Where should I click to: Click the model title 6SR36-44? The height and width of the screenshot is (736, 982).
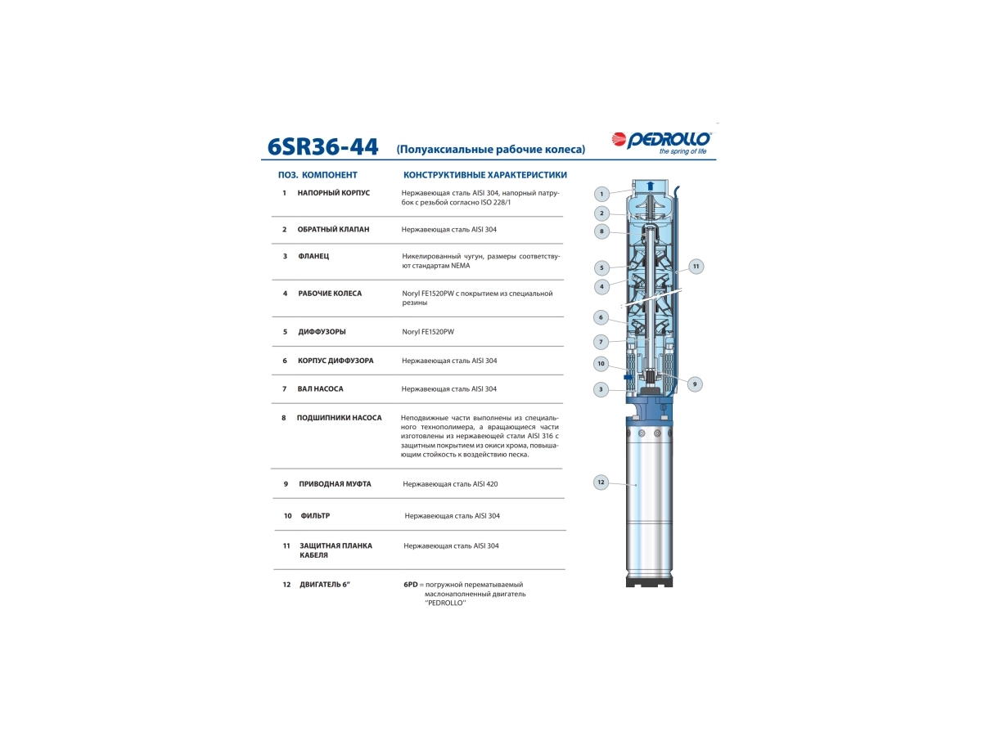point(322,146)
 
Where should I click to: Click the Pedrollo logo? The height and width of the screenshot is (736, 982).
point(661,143)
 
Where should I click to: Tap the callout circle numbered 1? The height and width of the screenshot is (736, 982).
point(601,194)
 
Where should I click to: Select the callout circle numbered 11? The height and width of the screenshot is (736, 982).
point(696,267)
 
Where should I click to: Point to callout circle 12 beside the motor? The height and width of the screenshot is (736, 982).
point(601,482)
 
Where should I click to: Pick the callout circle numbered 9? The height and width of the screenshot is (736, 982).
point(694,384)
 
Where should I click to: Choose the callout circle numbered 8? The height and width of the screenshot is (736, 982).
point(601,231)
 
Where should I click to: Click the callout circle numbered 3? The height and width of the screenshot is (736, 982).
point(601,389)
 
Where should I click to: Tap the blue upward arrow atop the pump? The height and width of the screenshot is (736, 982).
point(651,186)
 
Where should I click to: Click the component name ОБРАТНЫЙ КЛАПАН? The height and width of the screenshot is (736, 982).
point(333,229)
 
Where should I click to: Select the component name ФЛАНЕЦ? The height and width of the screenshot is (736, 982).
point(313,256)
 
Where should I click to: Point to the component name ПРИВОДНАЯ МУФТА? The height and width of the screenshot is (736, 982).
point(335,483)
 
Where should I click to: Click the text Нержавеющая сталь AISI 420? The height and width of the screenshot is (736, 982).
point(450,483)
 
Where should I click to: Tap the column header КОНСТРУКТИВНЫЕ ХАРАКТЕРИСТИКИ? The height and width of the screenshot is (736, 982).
point(485,175)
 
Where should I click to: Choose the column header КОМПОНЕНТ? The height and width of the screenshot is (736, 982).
point(330,175)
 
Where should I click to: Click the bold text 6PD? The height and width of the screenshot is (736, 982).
point(410,584)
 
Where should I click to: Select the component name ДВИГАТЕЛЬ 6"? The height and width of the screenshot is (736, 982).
point(325,584)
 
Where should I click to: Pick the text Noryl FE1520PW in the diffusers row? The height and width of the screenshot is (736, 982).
point(428,331)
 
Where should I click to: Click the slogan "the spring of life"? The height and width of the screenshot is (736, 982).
point(682,151)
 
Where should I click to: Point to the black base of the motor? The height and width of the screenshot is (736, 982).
point(649,581)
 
